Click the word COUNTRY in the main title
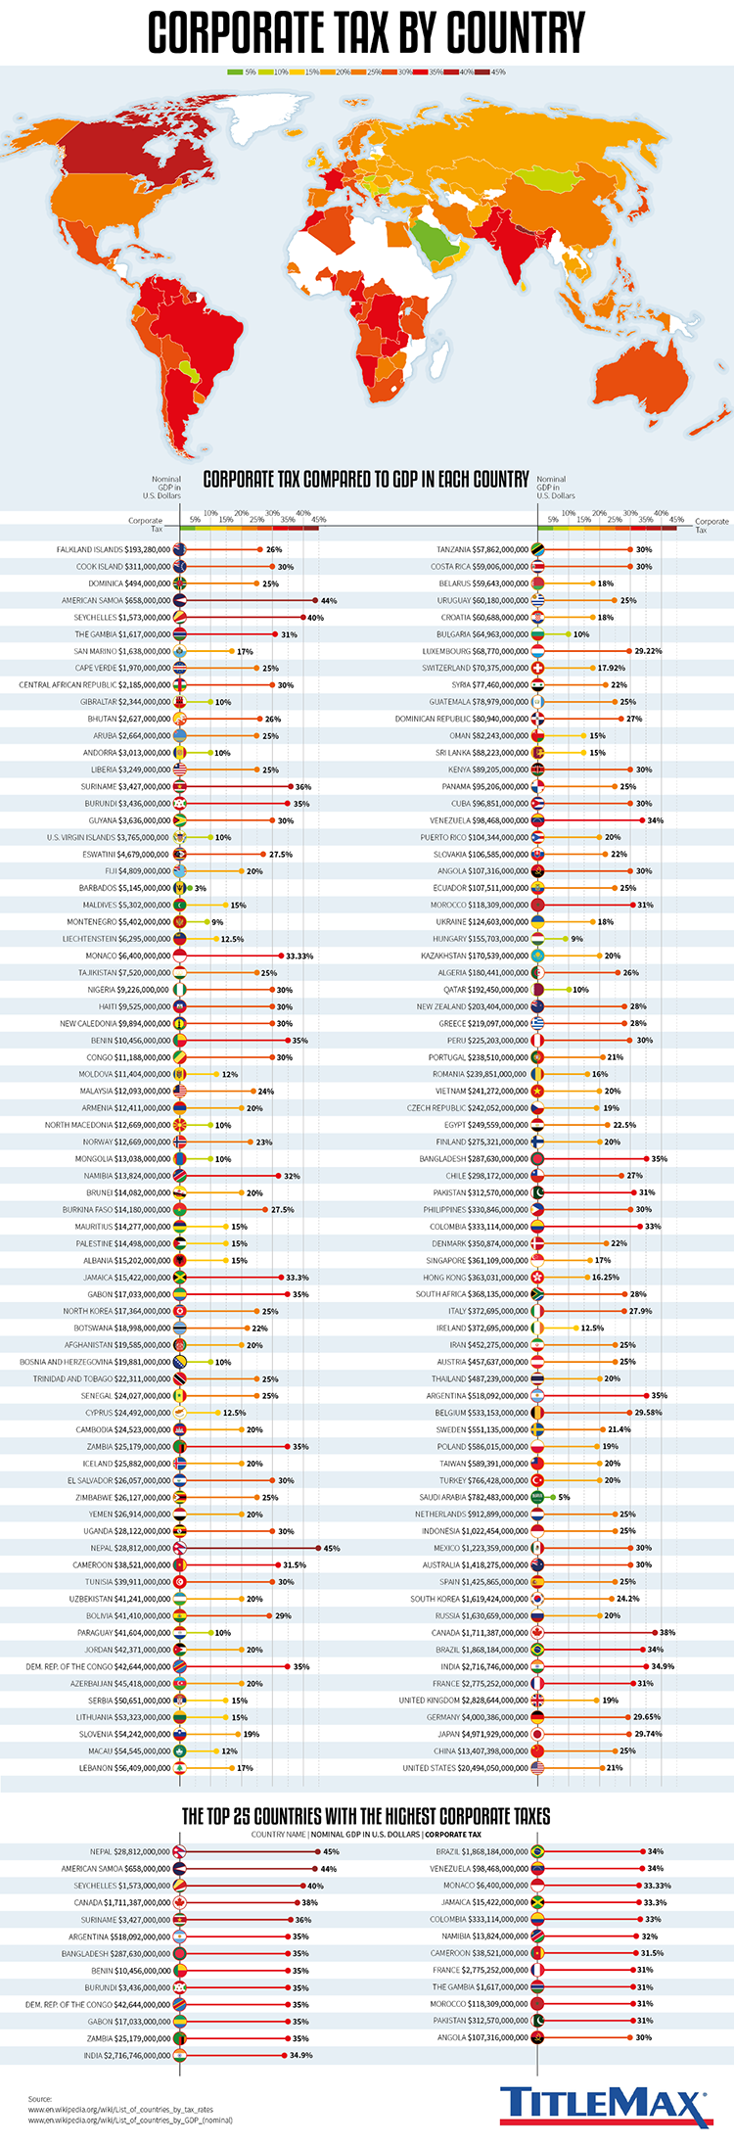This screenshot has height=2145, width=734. tap(515, 33)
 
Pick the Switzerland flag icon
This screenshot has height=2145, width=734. tap(537, 668)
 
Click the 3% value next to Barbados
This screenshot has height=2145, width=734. tap(200, 888)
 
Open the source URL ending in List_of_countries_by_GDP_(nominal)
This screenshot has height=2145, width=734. tap(130, 2121)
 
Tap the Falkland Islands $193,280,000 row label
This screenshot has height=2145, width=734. tap(114, 550)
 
